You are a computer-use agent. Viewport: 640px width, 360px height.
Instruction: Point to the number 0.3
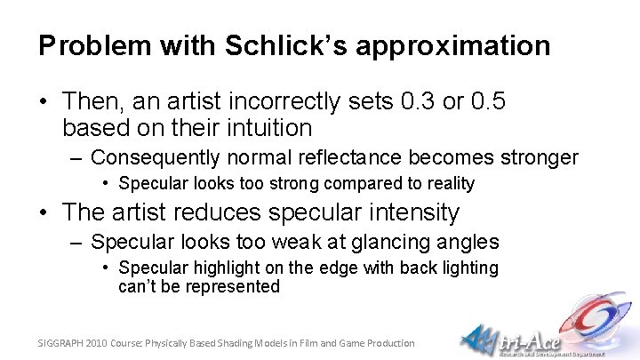point(417,102)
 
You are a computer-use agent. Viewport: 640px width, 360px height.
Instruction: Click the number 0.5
point(488,102)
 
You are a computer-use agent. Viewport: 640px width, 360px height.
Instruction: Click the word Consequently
point(158,158)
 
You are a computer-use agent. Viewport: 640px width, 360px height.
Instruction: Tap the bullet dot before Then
point(44,103)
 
